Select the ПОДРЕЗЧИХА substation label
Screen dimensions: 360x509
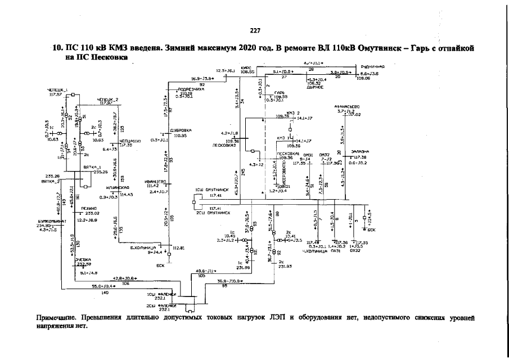[x=190, y=89]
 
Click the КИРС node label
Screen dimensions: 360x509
[x=245, y=67]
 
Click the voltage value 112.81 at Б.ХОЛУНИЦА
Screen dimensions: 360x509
[x=179, y=247]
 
